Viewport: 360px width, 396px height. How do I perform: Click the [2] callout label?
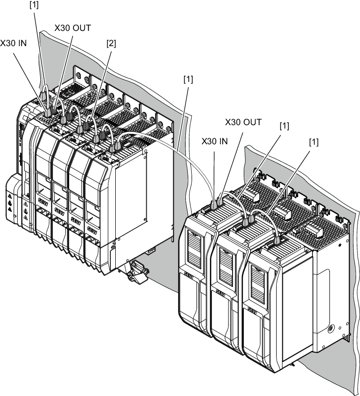click(x=111, y=44)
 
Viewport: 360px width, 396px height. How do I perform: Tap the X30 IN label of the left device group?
click(x=13, y=43)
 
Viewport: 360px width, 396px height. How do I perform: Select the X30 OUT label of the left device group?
click(x=73, y=28)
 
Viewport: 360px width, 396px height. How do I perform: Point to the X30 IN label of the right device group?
click(x=215, y=141)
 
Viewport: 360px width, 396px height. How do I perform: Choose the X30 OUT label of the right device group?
click(x=243, y=122)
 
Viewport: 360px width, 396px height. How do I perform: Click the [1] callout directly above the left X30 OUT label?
click(x=34, y=5)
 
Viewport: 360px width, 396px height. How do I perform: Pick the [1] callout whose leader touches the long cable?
click(x=188, y=79)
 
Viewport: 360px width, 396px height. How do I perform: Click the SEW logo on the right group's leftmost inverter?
click(x=189, y=276)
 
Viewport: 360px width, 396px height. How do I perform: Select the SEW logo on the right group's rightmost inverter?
click(x=253, y=311)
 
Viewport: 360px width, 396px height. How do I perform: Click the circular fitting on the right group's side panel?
click(x=331, y=329)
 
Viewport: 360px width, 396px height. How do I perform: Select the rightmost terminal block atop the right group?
click(x=314, y=231)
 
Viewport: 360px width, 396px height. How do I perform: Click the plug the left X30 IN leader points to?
click(x=48, y=111)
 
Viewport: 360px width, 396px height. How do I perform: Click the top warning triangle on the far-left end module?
click(x=10, y=196)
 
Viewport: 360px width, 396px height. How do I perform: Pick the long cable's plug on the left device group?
click(x=117, y=146)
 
